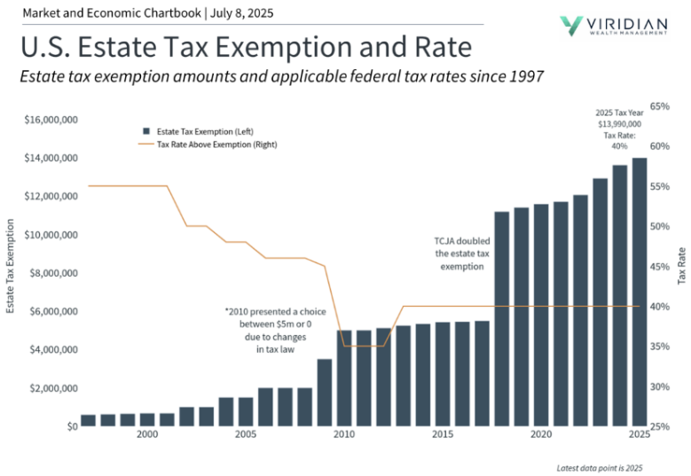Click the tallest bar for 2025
[x=639, y=293]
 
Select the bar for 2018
[x=501, y=319]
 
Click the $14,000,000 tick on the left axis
[x=51, y=158]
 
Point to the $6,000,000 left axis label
[x=51, y=311]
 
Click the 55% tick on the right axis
[x=660, y=186]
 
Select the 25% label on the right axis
[x=660, y=426]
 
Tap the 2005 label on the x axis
[x=246, y=435]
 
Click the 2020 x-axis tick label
[x=540, y=435]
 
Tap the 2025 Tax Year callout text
[x=619, y=129]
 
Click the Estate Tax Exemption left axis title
[x=11, y=266]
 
